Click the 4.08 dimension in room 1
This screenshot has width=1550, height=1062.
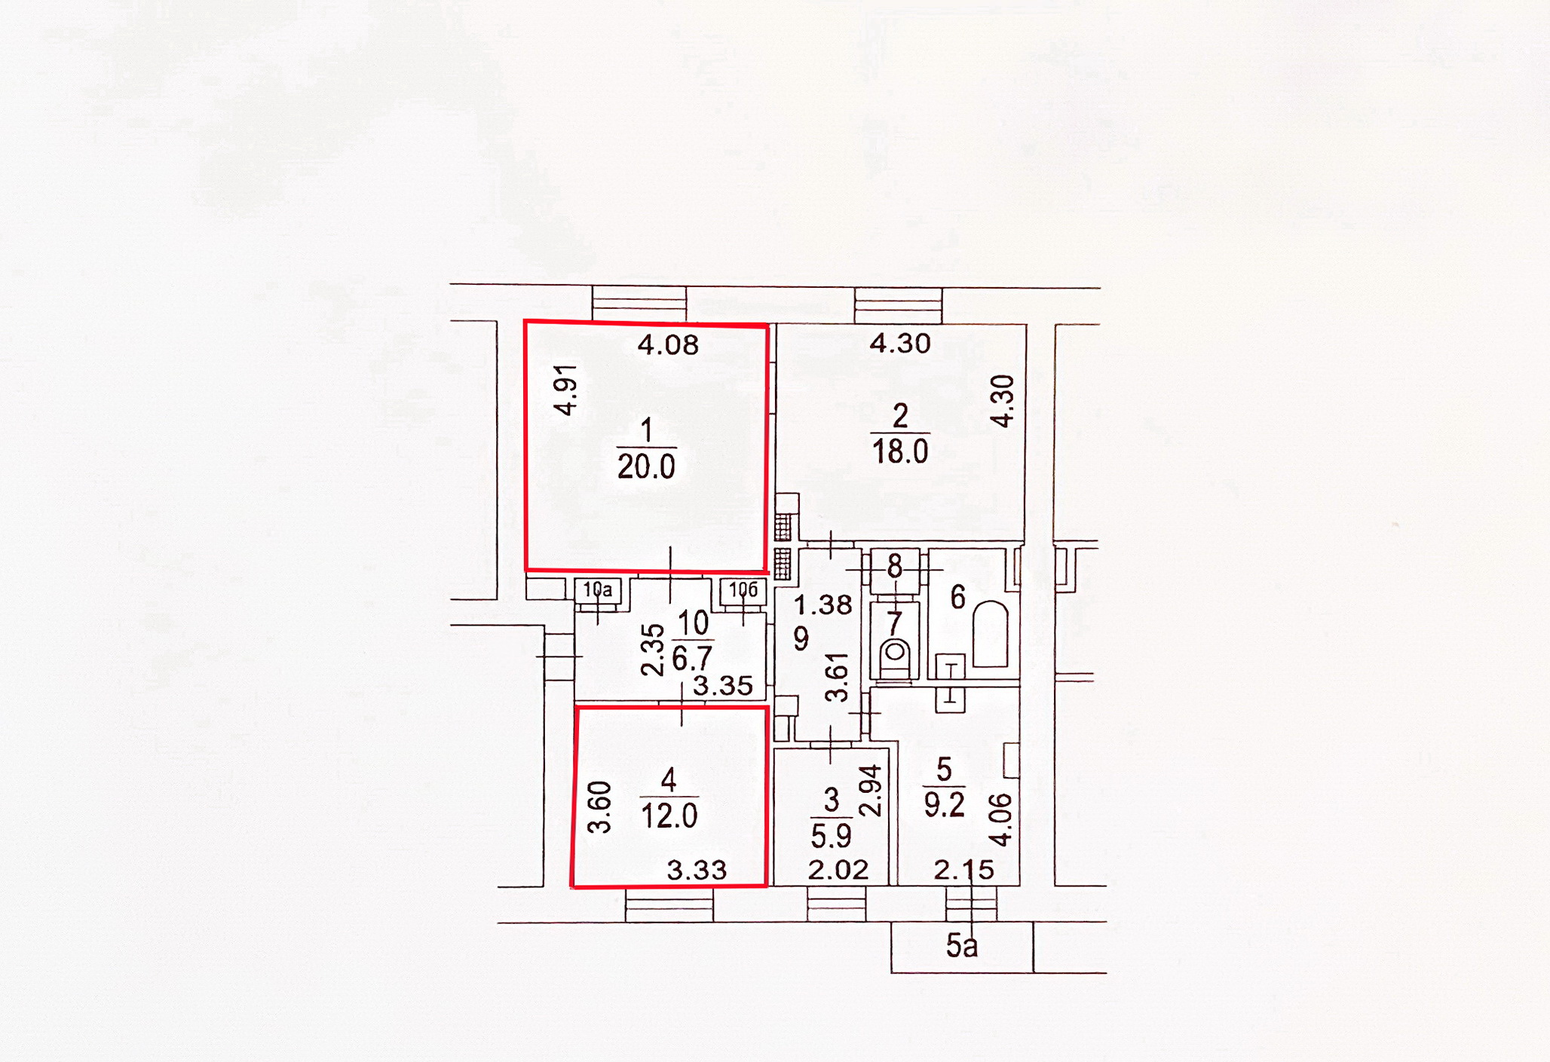(668, 345)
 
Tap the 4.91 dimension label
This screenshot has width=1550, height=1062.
(565, 390)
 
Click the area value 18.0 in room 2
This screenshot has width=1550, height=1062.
(899, 451)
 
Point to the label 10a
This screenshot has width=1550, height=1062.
(598, 590)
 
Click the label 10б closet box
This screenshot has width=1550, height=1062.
(743, 589)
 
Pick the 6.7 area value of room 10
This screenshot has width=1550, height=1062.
(692, 658)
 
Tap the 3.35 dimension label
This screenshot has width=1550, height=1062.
(722, 686)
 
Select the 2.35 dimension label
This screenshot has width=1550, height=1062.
(653, 650)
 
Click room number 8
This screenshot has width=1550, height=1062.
(895, 567)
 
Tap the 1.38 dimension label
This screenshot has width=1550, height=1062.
(822, 604)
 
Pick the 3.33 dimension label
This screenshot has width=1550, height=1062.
(697, 871)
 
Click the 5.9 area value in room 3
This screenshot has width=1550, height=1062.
(831, 836)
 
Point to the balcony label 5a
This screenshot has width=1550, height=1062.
(962, 946)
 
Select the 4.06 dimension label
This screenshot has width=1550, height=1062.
(1001, 819)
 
